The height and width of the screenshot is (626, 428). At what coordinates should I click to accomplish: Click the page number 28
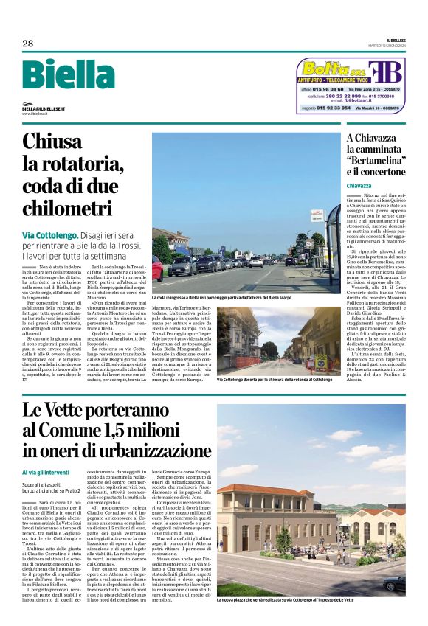click(27, 44)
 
